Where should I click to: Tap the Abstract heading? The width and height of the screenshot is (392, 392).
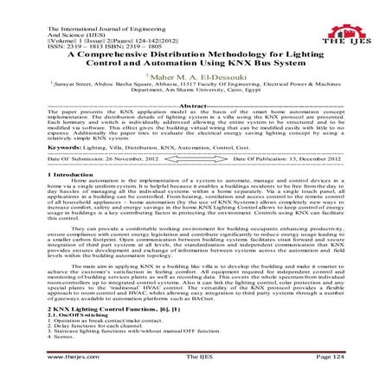(197, 113)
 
